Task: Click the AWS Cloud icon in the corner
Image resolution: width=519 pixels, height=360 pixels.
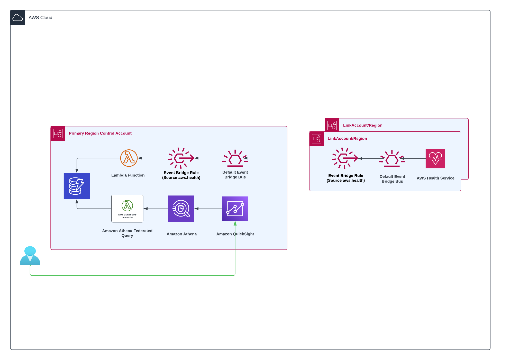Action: (x=17, y=17)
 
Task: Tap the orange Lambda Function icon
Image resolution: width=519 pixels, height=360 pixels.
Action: (x=129, y=158)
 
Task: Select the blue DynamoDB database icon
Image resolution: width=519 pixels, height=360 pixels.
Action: (x=77, y=186)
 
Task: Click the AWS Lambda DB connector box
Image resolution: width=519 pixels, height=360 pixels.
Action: (x=127, y=209)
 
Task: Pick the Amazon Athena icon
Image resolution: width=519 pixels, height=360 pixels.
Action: (x=181, y=209)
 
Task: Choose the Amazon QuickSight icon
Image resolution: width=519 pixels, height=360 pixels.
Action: (x=235, y=209)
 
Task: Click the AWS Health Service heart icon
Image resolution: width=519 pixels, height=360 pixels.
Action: (x=435, y=158)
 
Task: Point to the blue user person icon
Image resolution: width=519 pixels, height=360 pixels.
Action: (x=30, y=256)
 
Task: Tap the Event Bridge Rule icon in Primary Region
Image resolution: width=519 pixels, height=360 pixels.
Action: (x=181, y=158)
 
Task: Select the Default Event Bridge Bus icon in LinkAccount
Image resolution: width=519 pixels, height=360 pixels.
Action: (x=392, y=159)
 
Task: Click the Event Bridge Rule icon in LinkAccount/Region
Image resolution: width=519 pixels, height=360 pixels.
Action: (x=345, y=158)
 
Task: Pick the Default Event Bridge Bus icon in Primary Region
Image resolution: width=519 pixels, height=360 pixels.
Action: (x=235, y=158)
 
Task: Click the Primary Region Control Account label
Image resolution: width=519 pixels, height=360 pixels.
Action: (x=100, y=133)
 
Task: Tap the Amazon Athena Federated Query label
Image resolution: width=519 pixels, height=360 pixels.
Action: (x=127, y=233)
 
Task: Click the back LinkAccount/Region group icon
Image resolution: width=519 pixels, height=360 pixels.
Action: (x=332, y=125)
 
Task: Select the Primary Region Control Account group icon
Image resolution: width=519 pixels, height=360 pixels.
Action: (x=58, y=133)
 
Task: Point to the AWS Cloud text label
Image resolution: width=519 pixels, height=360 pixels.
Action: (x=40, y=17)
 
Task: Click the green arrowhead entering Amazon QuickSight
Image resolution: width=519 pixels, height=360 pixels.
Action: (x=235, y=223)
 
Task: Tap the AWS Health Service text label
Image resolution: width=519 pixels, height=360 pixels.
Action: (x=435, y=178)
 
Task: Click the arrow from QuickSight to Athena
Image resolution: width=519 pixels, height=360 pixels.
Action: (x=208, y=209)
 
